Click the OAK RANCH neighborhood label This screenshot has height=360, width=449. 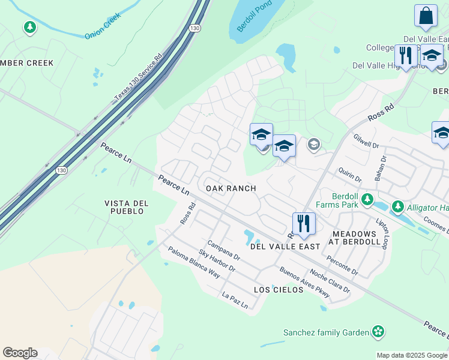231,188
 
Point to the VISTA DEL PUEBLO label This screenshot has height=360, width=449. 124,207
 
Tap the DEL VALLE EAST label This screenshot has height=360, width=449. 285,247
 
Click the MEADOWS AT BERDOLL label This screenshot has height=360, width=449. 355,238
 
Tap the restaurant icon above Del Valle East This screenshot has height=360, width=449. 304,224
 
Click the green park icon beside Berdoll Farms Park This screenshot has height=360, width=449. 368,200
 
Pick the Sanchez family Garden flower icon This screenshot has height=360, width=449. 378,331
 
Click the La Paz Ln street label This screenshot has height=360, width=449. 235,300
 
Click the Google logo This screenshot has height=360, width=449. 20,353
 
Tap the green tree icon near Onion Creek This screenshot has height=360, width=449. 29,27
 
